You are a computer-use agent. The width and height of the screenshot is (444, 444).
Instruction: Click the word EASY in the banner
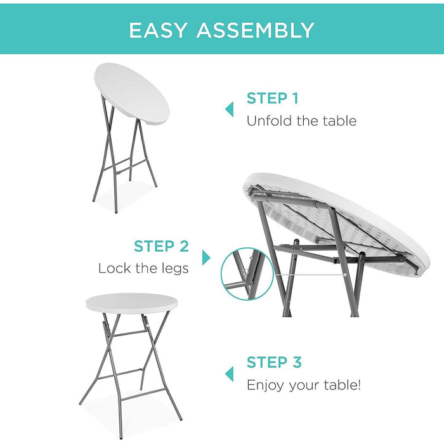tap(159, 30)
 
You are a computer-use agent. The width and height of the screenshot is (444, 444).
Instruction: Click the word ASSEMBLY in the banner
tap(255, 30)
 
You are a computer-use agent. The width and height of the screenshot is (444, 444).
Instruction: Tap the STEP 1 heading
tap(272, 98)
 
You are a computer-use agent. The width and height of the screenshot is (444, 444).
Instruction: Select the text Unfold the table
tap(301, 121)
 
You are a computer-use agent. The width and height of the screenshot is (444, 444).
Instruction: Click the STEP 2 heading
tap(161, 246)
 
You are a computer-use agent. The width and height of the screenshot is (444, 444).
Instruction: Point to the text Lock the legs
tap(143, 268)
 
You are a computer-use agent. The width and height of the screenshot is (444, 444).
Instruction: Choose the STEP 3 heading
tap(274, 362)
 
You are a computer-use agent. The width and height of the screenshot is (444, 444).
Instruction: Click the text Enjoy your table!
tap(304, 385)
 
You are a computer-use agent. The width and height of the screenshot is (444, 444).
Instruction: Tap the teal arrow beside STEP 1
tap(229, 109)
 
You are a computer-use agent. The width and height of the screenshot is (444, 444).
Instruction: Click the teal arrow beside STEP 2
tap(206, 258)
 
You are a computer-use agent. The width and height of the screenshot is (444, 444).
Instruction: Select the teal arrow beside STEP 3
tap(229, 373)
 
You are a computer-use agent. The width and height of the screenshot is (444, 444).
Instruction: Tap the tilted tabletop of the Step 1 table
tap(132, 93)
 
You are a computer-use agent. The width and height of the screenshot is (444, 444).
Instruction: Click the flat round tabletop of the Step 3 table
tap(129, 303)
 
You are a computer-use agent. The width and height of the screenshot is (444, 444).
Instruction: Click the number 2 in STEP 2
tap(184, 246)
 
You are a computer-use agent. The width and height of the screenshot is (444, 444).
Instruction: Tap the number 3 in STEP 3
tap(296, 362)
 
